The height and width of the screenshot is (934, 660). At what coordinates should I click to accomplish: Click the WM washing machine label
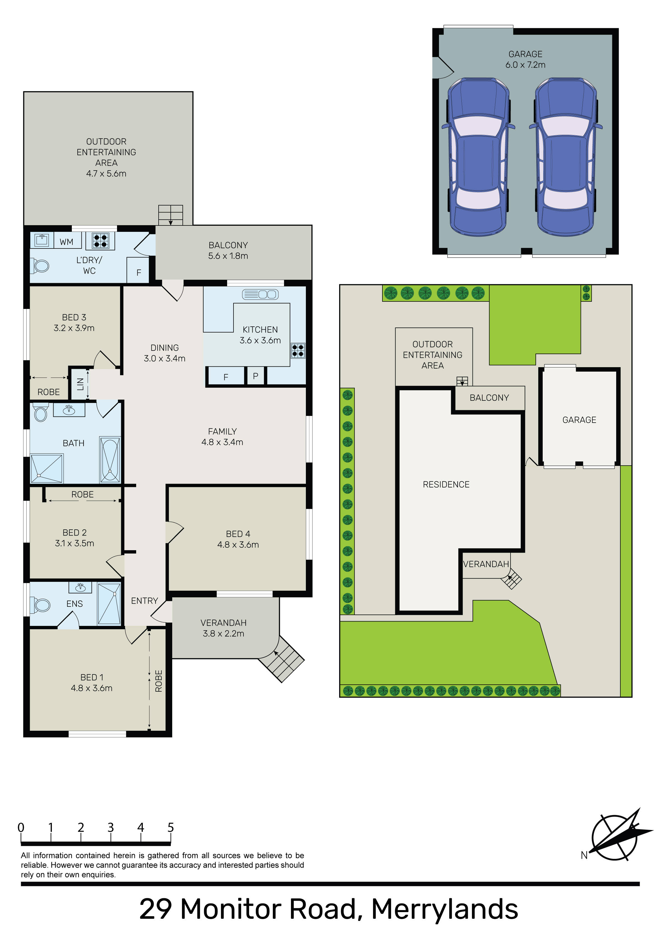click(x=66, y=242)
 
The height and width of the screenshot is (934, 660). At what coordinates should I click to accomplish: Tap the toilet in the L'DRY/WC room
click(x=40, y=267)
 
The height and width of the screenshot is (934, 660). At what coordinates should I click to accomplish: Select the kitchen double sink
click(x=260, y=294)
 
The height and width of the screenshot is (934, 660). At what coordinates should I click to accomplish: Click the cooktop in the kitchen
click(x=298, y=351)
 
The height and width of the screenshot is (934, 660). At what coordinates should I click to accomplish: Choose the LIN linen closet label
click(x=80, y=384)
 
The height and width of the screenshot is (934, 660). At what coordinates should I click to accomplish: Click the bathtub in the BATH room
click(x=110, y=460)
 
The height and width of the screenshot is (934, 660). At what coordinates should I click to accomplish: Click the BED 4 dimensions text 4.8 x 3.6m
click(x=238, y=545)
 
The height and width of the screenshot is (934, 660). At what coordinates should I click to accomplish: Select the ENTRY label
click(x=144, y=601)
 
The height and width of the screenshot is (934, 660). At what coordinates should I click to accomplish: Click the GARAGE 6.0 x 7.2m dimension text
click(x=525, y=65)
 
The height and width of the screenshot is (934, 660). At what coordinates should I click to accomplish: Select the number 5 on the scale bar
click(x=171, y=828)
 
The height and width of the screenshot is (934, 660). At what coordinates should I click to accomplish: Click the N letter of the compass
click(x=584, y=856)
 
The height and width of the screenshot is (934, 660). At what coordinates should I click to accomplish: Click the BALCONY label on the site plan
click(x=489, y=398)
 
